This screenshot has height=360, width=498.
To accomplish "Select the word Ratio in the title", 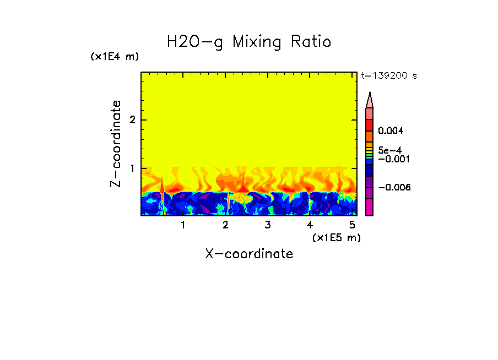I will pos(312,42).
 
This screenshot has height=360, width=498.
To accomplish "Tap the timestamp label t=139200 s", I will pos(388,76).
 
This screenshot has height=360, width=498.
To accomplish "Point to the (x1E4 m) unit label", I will pos(115,57).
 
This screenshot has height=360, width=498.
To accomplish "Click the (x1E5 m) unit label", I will pos(336,237).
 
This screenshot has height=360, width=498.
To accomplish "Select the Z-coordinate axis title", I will pos(116,144).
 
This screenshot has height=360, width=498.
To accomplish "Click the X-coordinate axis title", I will pos(249,254).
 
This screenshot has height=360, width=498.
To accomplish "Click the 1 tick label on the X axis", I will pos(183,225).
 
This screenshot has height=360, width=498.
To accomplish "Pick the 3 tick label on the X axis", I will pos(267,225).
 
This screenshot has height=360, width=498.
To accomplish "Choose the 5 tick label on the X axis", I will pos(352,225).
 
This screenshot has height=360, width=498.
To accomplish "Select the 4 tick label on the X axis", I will pos(310,225).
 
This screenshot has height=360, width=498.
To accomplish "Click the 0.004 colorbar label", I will pos(391,131).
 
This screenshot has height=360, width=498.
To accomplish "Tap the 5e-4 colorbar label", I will pos(389,150).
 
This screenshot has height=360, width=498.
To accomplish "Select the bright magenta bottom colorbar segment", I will pos(370,208).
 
